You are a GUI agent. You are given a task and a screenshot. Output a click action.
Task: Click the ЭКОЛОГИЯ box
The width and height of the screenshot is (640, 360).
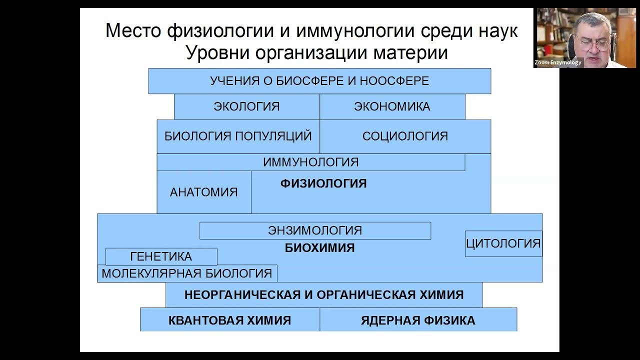click(x=246, y=106)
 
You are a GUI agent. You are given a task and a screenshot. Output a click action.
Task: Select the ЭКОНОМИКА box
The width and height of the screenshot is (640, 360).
click(x=392, y=106)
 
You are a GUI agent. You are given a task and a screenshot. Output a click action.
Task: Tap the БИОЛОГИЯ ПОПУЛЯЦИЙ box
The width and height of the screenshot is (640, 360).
click(x=238, y=136)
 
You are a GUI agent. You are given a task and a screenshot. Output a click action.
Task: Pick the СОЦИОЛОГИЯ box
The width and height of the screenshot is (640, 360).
click(x=405, y=136)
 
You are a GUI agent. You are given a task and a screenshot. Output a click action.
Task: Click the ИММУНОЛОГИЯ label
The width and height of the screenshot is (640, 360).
click(x=310, y=162)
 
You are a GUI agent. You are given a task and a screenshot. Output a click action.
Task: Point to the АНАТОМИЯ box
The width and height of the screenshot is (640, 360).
click(x=203, y=192)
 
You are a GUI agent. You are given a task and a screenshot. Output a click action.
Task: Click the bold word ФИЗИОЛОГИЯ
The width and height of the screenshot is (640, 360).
click(x=323, y=183)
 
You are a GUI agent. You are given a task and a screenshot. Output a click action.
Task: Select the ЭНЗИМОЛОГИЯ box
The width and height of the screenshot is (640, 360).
click(x=315, y=230)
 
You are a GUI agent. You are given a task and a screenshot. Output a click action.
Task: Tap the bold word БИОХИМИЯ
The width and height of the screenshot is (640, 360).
click(x=320, y=247)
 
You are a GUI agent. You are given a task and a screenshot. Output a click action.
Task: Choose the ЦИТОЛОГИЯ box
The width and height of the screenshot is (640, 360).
click(x=503, y=243)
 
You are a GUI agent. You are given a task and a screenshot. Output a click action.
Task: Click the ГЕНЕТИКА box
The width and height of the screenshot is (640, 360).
click(x=161, y=256)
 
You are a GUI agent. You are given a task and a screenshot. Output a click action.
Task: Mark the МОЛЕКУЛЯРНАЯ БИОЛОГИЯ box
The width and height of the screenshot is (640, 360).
click(x=187, y=273)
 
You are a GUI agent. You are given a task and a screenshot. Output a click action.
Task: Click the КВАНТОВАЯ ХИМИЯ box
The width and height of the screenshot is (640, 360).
click(x=229, y=320)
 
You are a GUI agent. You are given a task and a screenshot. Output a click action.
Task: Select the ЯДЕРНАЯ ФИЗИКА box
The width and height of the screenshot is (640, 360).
click(x=418, y=320)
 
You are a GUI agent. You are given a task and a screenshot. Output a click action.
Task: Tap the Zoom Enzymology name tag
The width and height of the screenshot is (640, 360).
click(x=557, y=62)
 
